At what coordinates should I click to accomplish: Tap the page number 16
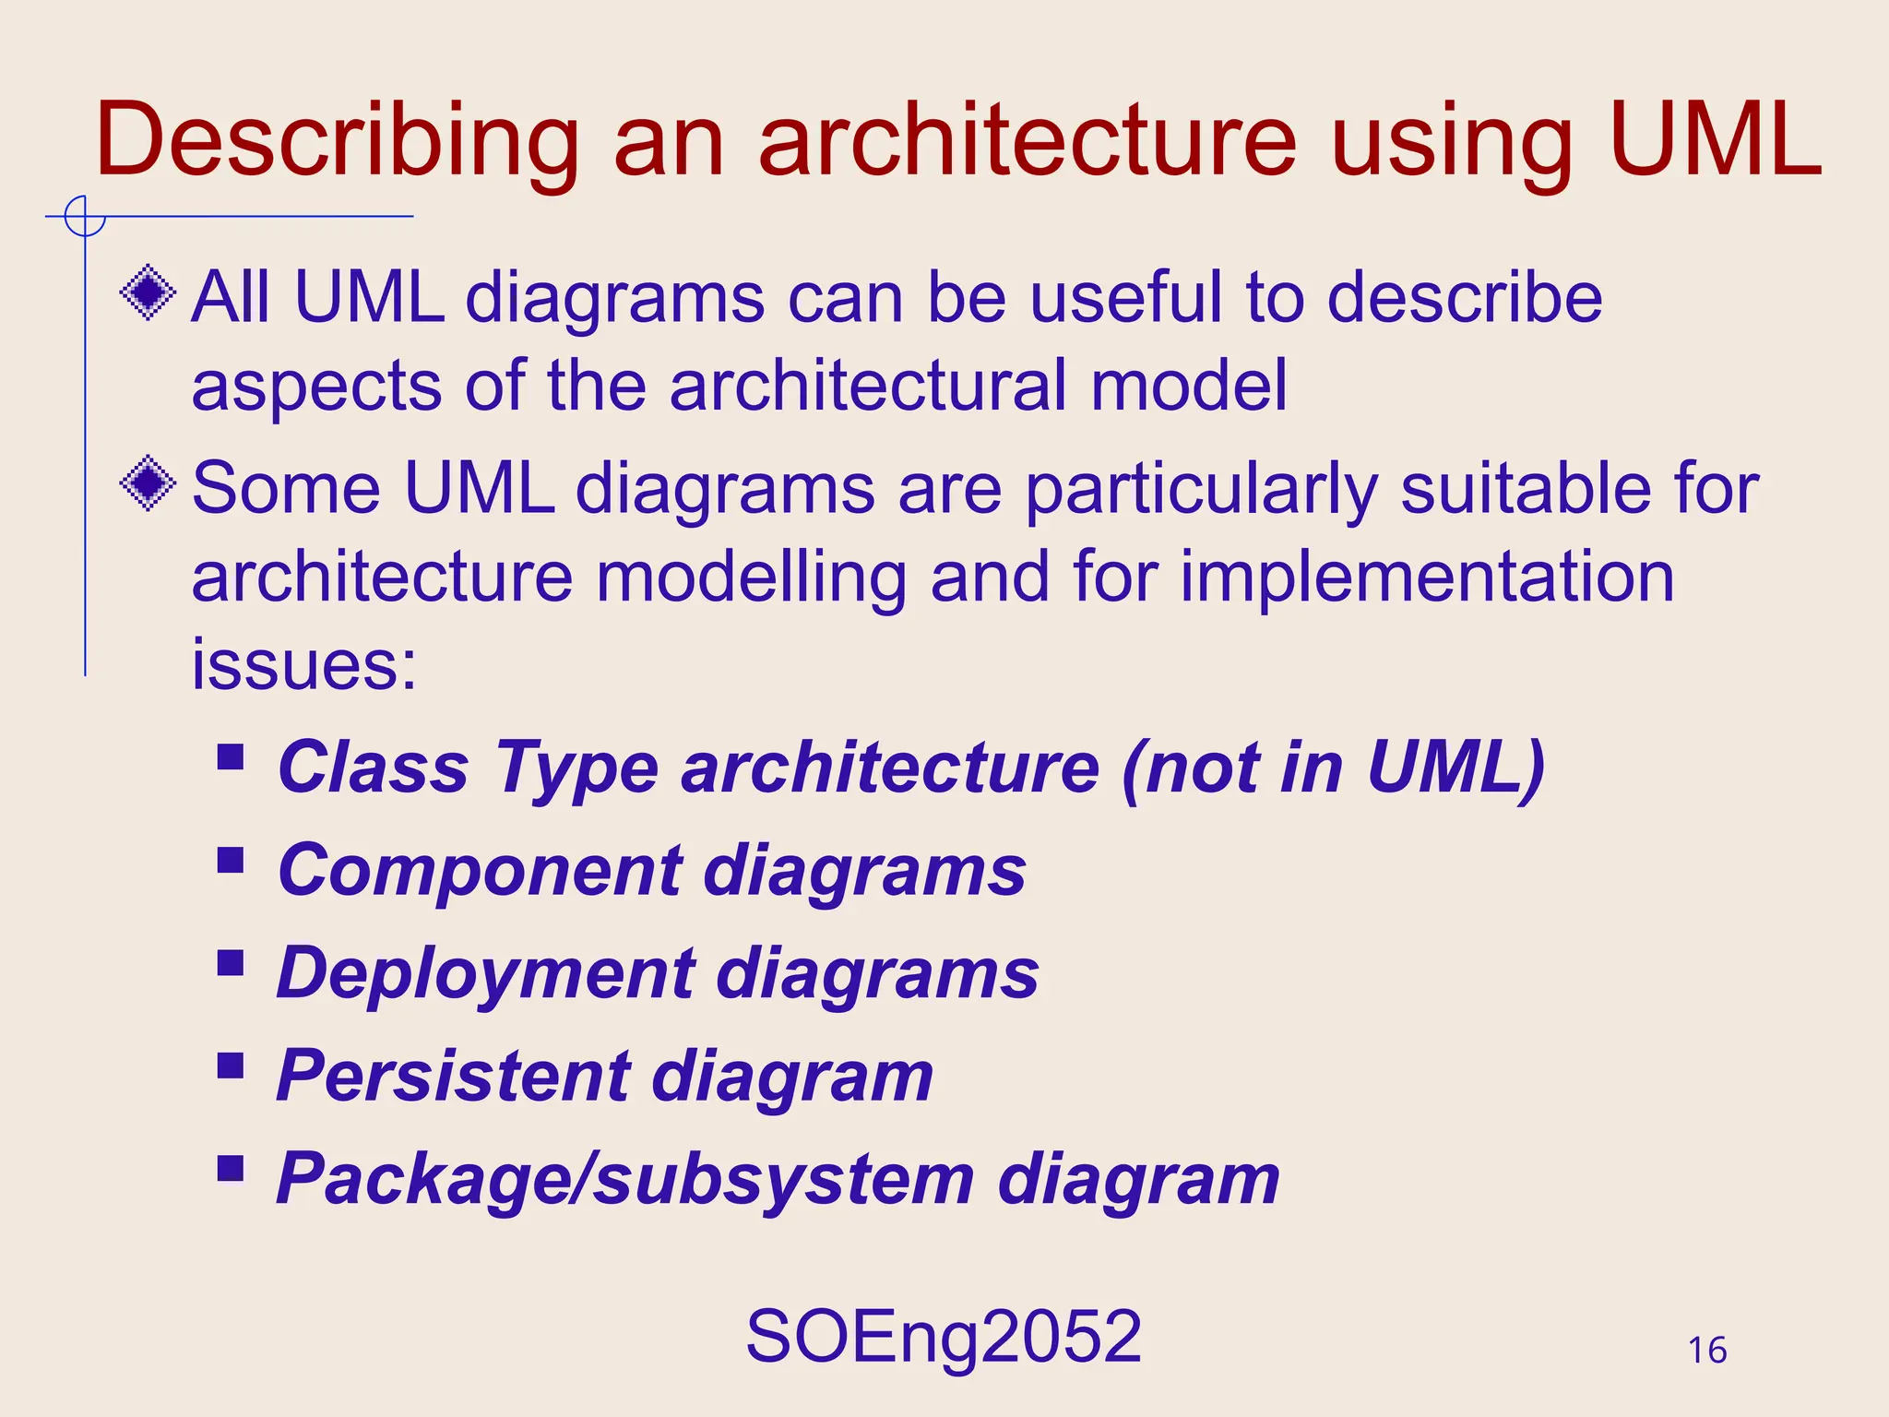(x=1706, y=1351)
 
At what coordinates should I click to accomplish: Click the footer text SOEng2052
(x=944, y=1337)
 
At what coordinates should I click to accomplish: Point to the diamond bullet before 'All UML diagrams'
(x=148, y=293)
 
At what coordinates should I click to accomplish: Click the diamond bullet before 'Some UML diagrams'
(x=148, y=482)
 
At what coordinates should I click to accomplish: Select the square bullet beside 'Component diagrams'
(x=231, y=862)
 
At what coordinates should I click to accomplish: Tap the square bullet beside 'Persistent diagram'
(x=231, y=1066)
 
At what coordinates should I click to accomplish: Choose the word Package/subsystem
(x=625, y=1180)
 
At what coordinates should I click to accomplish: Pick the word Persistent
(x=453, y=1077)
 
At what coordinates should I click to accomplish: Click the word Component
(x=481, y=871)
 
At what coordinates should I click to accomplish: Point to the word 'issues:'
(x=304, y=664)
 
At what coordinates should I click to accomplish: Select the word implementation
(x=1427, y=578)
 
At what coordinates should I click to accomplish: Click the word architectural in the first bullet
(x=868, y=386)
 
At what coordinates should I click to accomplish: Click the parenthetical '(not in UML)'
(x=1334, y=768)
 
